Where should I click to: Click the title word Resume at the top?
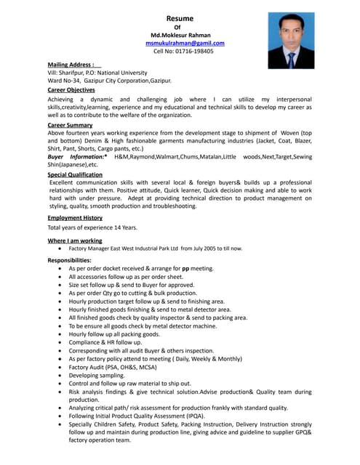177,17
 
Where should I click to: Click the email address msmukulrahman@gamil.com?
185,43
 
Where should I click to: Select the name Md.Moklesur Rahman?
177,34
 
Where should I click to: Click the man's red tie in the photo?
290,57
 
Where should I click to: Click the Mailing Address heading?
71,65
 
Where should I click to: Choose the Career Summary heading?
70,125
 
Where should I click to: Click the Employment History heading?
75,218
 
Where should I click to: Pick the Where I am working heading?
75,240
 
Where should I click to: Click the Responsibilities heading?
69,259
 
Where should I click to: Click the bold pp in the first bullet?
185,268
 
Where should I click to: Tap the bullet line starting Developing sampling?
97,375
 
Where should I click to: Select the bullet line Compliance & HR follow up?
105,342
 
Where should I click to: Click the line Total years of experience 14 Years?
92,227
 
